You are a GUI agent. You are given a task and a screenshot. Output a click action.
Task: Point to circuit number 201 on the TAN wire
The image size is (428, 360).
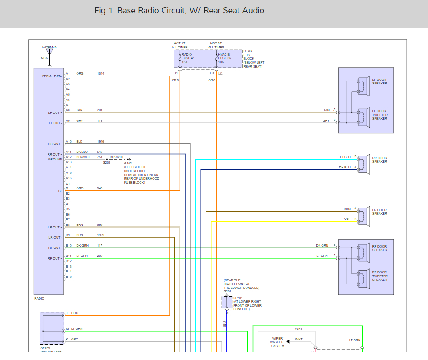point(100,110)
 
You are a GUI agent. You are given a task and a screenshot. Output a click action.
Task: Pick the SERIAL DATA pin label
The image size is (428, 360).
point(52,76)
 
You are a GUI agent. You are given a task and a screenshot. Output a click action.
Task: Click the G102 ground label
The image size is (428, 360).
point(128,163)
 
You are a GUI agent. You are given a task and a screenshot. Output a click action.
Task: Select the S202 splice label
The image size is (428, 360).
point(107,163)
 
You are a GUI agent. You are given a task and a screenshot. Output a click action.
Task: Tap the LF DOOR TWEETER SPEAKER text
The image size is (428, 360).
point(380,115)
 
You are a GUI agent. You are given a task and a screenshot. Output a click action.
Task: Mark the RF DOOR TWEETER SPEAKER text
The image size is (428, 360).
point(380,276)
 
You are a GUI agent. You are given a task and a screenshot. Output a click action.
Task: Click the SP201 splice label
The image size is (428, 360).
point(237,297)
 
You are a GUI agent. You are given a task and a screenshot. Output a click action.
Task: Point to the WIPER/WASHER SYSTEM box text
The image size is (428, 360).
point(278,342)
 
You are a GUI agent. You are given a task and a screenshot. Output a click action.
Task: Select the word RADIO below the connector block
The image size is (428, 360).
point(40,299)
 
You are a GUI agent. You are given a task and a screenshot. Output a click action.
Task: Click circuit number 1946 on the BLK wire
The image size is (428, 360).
point(101,141)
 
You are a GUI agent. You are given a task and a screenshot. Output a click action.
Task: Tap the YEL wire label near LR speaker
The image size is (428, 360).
point(347,219)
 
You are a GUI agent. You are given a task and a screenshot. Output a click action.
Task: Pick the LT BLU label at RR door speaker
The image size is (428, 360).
point(345,157)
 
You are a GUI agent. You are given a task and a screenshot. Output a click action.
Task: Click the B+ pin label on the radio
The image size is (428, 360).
point(60,191)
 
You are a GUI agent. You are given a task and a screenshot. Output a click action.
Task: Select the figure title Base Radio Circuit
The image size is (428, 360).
point(179,10)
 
